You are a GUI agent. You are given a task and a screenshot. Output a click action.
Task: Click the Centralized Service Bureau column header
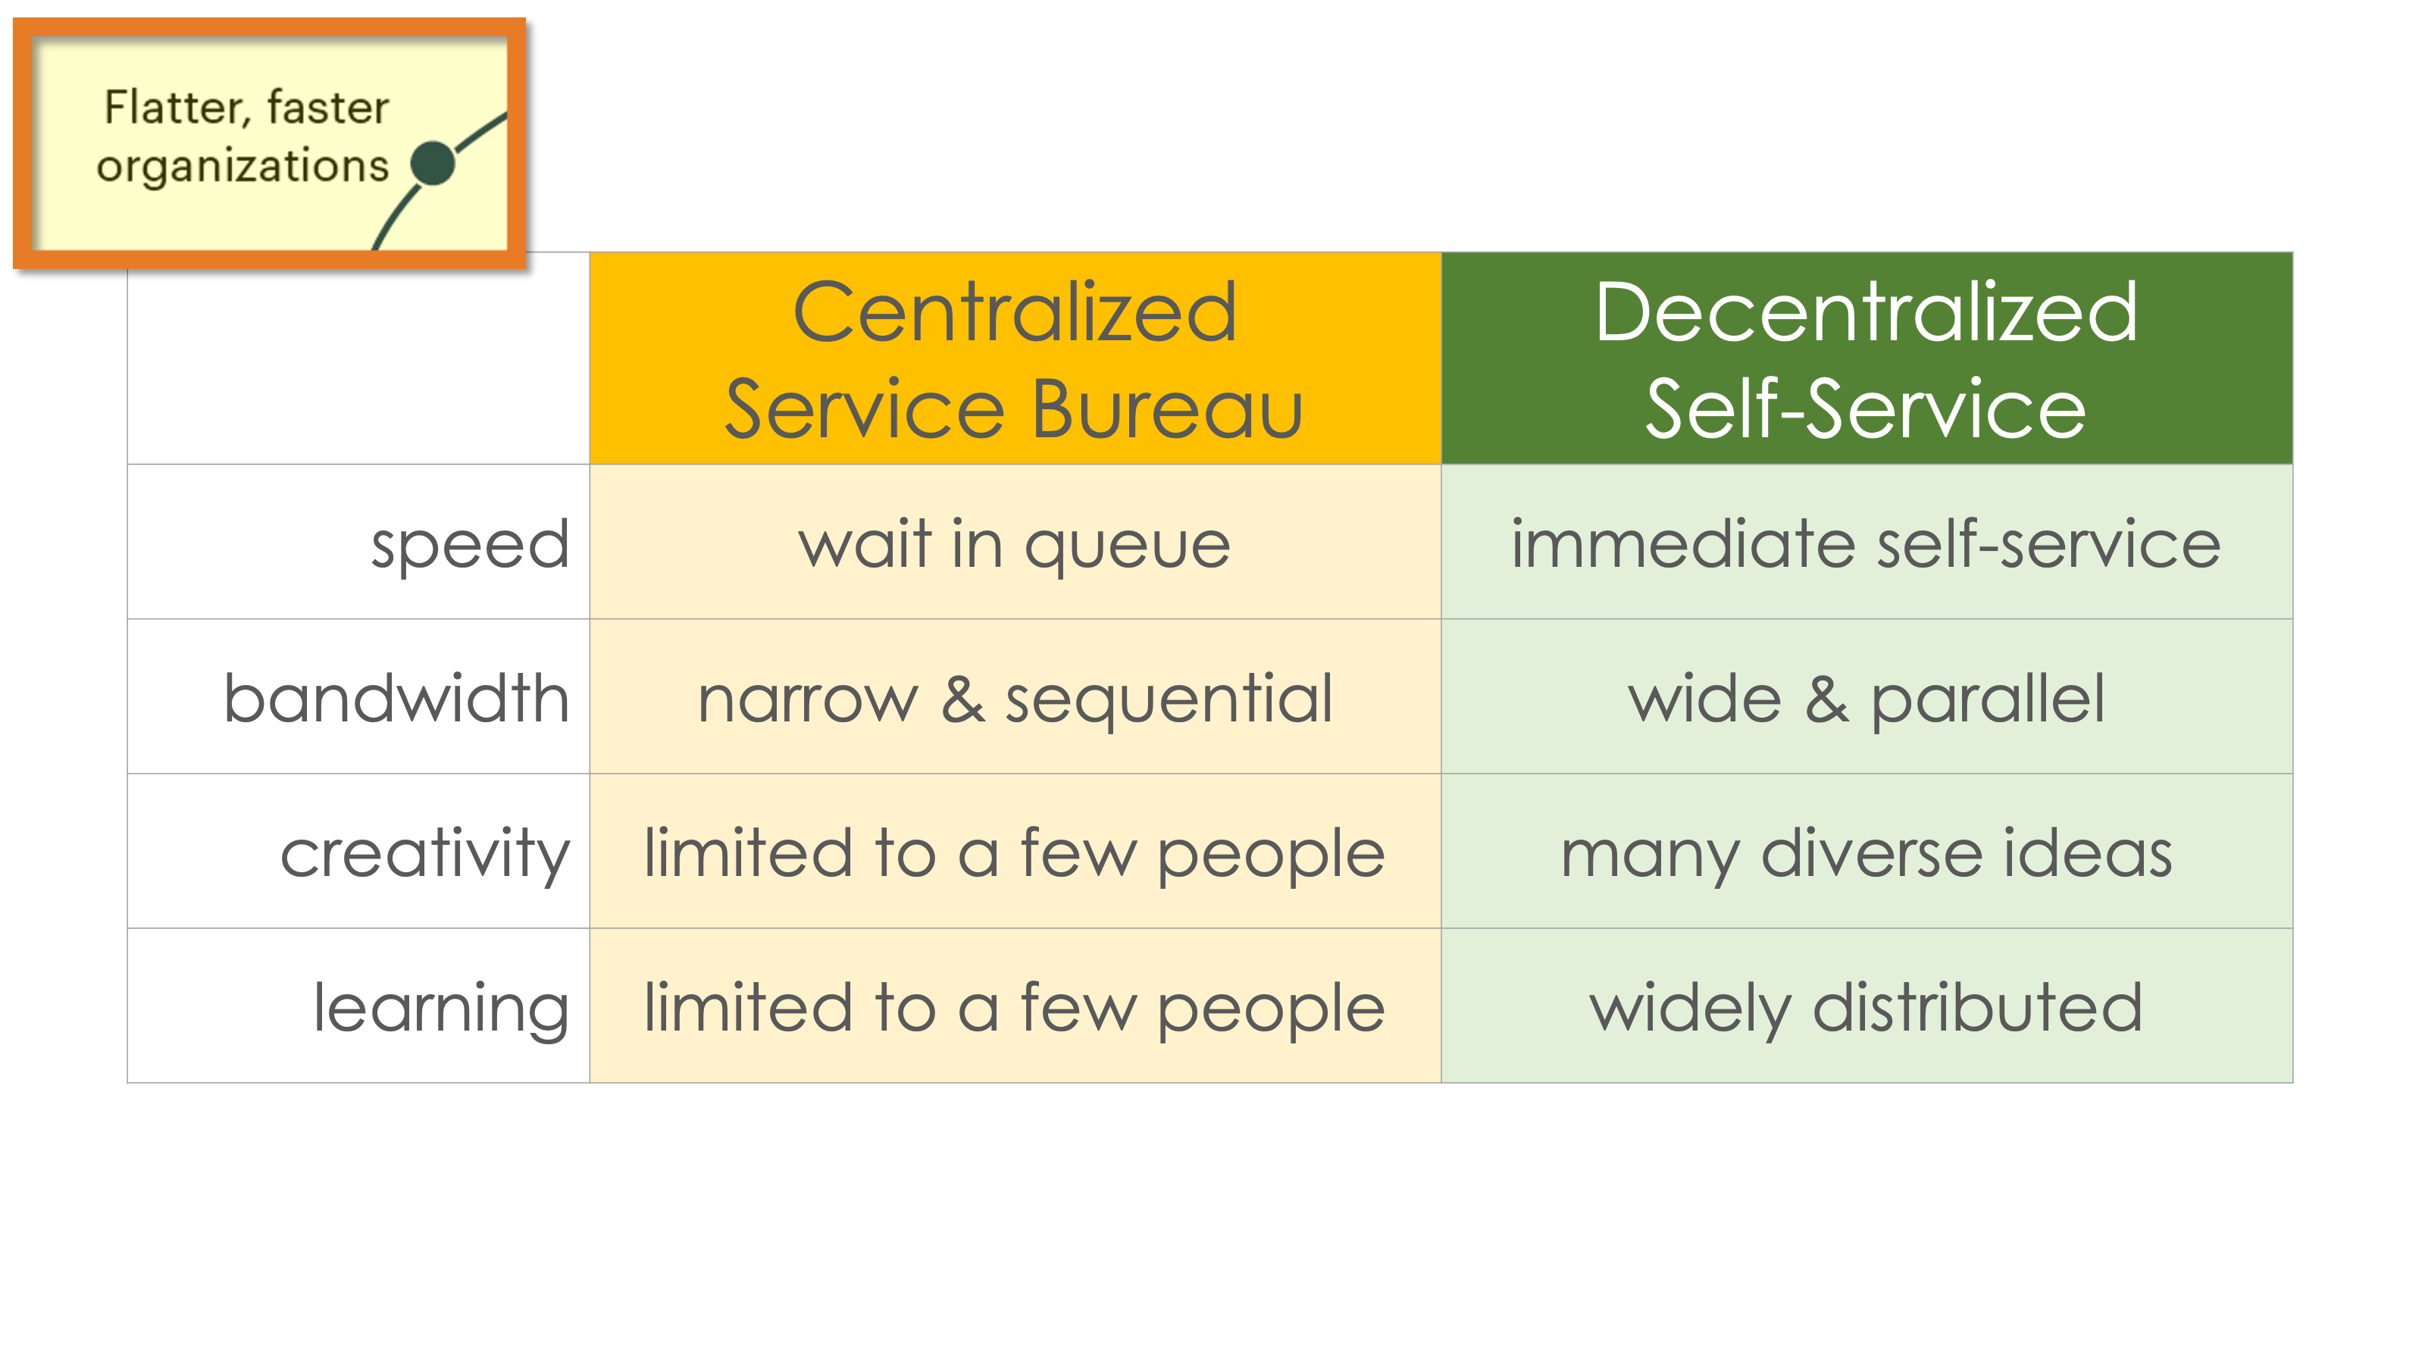point(1015,358)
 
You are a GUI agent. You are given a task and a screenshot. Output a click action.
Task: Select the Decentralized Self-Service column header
point(1866,358)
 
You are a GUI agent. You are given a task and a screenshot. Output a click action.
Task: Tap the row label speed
point(470,546)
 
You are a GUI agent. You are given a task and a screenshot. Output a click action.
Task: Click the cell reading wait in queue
point(1015,541)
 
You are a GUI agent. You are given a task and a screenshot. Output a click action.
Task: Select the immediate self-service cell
point(1866,541)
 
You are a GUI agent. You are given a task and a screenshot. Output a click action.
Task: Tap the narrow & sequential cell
point(1015,696)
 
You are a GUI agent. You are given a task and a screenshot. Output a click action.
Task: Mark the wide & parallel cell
point(1866,696)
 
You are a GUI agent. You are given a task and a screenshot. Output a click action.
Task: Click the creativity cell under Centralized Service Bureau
point(1015,851)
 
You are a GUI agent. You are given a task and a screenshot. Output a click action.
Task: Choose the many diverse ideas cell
point(1866,851)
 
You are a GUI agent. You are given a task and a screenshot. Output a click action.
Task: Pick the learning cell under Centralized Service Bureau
point(1015,1006)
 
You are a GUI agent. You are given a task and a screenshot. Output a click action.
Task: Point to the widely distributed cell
point(1866,1006)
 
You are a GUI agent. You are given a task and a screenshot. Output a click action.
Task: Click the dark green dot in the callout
point(433,163)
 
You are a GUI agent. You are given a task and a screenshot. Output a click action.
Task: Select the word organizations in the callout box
point(242,167)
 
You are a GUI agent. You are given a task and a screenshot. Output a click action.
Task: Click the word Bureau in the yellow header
point(1167,409)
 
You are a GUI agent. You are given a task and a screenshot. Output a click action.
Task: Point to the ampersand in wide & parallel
point(1826,699)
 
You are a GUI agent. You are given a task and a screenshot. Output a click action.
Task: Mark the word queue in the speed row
point(1127,547)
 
